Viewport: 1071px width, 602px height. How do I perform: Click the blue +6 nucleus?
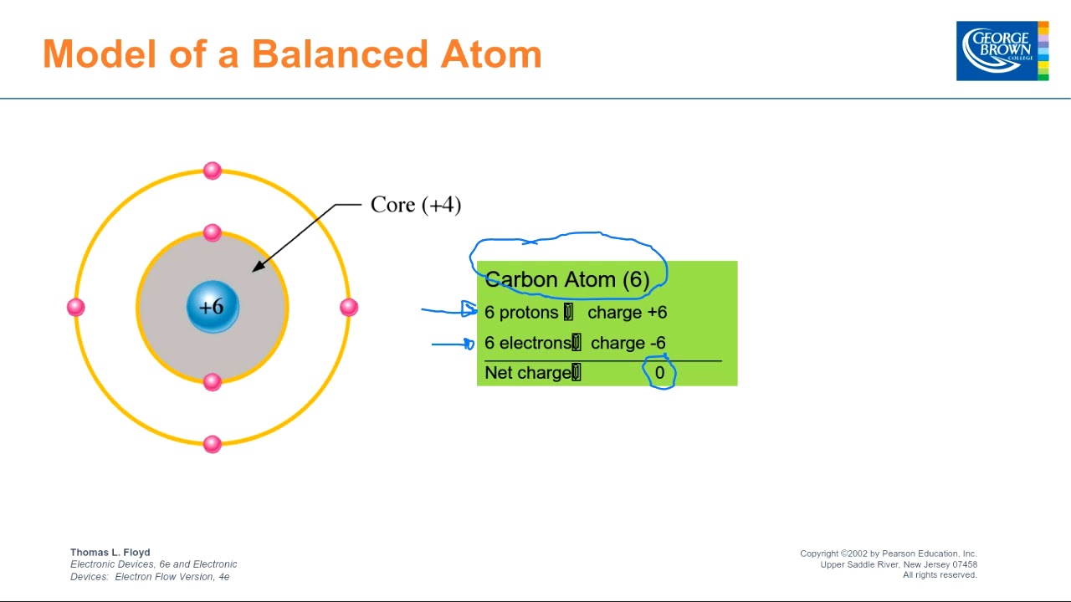[213, 307]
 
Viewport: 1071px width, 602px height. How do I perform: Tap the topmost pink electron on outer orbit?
[213, 171]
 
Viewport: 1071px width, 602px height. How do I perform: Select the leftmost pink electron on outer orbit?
[76, 307]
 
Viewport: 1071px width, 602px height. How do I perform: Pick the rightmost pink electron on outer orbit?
[349, 307]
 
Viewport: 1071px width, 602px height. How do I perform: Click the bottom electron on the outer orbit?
[213, 443]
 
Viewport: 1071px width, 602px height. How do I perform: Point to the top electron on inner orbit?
[213, 232]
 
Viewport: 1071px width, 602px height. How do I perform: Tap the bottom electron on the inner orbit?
[213, 382]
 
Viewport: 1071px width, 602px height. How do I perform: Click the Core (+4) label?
[415, 205]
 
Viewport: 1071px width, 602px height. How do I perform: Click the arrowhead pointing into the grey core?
[259, 266]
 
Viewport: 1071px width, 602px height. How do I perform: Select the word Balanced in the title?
[339, 54]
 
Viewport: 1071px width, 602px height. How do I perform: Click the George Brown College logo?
[1002, 51]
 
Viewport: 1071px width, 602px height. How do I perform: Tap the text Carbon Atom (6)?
[566, 279]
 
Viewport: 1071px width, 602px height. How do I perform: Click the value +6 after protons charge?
[656, 313]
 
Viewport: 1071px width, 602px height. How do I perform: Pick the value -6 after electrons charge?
[657, 343]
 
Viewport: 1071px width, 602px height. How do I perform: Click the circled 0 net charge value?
[659, 373]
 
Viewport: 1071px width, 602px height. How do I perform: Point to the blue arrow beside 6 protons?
[448, 310]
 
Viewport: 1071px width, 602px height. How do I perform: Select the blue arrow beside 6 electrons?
[453, 343]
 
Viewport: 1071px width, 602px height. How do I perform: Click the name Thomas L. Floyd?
[110, 552]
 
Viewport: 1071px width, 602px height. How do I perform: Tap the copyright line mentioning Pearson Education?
[888, 554]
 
